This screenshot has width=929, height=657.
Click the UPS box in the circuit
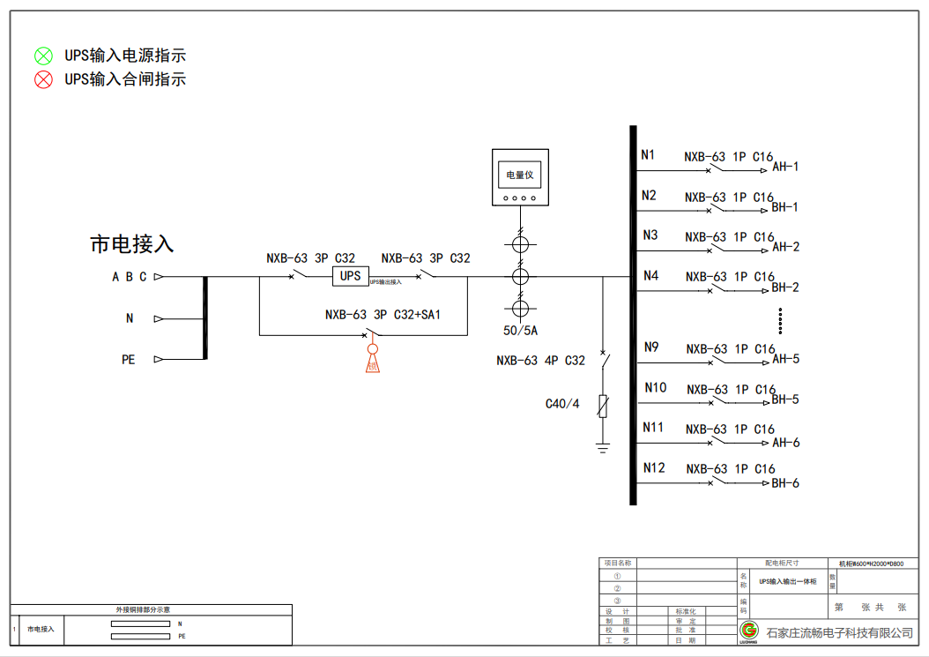click(x=351, y=276)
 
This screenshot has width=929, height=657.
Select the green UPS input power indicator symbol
click(x=43, y=56)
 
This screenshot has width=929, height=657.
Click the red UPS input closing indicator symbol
click(x=43, y=80)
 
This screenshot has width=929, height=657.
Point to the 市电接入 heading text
click(x=132, y=244)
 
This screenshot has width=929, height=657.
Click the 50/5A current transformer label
click(x=520, y=331)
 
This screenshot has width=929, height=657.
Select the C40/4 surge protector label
click(x=562, y=404)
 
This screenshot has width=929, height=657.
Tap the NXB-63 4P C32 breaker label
click(x=540, y=360)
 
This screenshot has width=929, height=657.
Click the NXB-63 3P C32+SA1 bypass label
click(x=383, y=314)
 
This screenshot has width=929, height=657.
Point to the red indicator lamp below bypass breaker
click(x=372, y=362)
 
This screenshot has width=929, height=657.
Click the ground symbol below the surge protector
click(x=603, y=447)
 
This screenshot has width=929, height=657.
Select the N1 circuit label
click(x=649, y=155)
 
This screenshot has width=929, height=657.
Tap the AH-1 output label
click(x=785, y=167)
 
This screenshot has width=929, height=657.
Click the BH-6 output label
click(x=785, y=483)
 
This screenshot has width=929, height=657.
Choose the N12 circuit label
click(x=654, y=467)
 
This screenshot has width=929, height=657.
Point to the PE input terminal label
click(x=129, y=360)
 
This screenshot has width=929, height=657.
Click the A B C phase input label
click(x=129, y=277)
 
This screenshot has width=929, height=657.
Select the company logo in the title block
click(x=749, y=631)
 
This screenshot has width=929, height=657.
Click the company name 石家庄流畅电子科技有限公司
click(x=839, y=632)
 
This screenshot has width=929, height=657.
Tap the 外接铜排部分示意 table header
click(x=151, y=609)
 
